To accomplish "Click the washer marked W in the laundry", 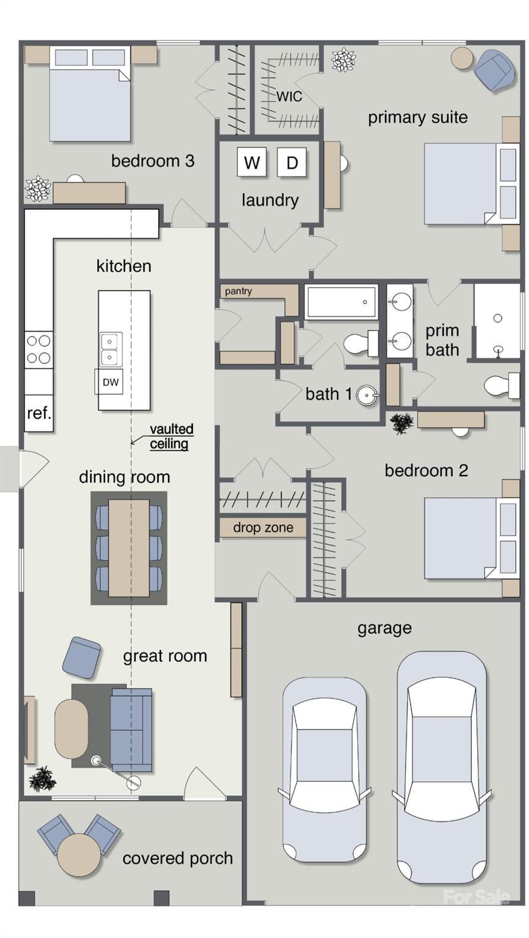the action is tap(251, 162).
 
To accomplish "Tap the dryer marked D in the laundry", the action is tap(292, 162).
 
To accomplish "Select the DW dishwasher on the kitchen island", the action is tap(110, 382).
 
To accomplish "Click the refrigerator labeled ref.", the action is tap(38, 413).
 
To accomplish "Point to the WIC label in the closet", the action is tap(289, 96).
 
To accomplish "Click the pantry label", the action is tap(238, 291).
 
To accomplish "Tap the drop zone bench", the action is tap(263, 528).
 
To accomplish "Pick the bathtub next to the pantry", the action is tap(342, 302).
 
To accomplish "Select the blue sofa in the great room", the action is tap(131, 730).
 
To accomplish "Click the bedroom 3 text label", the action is tap(153, 161).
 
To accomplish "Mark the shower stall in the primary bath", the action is tap(497, 321).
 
